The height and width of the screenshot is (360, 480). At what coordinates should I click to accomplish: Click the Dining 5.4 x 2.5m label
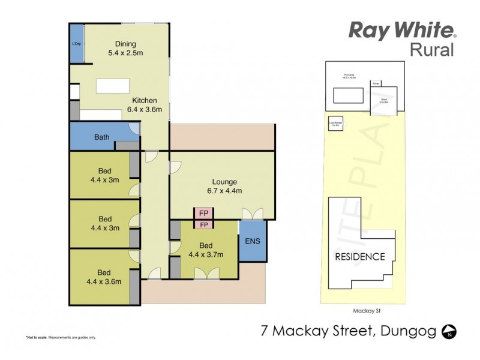tap(122, 49)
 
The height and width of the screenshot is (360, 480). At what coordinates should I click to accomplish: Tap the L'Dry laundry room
tap(77, 44)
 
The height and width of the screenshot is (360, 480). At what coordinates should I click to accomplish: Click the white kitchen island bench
tap(113, 86)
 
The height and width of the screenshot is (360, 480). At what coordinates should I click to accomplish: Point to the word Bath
tap(101, 137)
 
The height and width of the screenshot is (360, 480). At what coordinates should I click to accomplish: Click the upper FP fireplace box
tap(204, 214)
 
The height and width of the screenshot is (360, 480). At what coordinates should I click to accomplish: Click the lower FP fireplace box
tap(204, 224)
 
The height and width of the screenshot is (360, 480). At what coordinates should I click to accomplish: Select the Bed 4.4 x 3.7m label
tap(206, 250)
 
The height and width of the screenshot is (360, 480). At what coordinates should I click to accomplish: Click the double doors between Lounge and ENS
tap(251, 214)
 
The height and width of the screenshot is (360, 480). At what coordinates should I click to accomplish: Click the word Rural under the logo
tap(431, 50)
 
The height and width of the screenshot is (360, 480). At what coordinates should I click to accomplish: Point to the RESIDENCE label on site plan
tap(359, 257)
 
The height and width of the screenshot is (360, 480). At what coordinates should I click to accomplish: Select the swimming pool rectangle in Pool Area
tap(347, 95)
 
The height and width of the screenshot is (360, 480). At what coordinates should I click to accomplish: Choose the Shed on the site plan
tap(383, 101)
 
